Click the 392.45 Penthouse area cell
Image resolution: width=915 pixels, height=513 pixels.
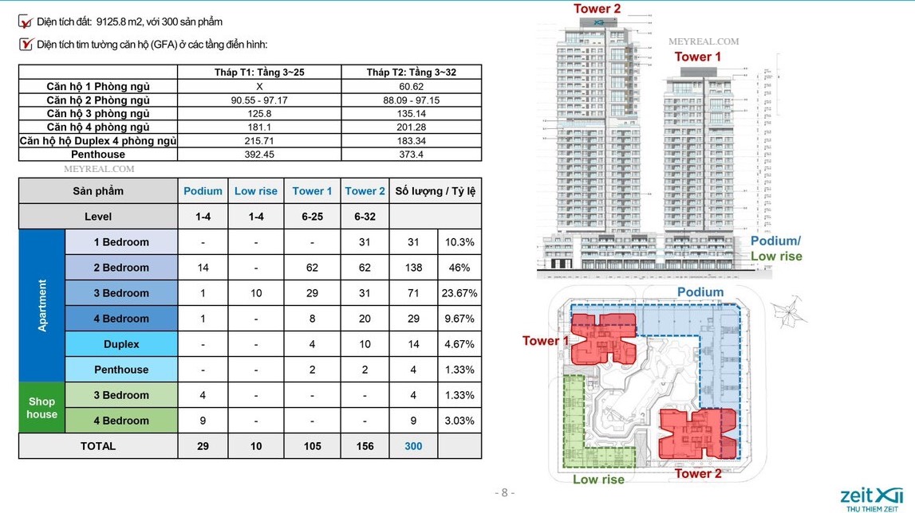click(x=259, y=155)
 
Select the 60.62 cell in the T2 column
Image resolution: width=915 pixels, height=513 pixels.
click(x=411, y=86)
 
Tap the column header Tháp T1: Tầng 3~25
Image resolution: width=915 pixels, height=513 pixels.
click(x=259, y=72)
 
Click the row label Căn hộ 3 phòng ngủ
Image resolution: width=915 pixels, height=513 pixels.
click(x=98, y=113)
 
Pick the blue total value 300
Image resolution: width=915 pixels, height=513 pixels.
click(x=413, y=446)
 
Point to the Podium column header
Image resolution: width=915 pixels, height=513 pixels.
click(x=203, y=191)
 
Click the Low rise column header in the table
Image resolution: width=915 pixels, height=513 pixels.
click(x=255, y=191)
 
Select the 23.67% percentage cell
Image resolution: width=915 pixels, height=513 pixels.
click(x=459, y=293)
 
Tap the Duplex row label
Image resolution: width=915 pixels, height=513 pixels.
click(x=121, y=344)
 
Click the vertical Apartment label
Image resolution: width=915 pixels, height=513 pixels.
click(x=42, y=305)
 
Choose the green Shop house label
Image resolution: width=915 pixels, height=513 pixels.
click(x=41, y=408)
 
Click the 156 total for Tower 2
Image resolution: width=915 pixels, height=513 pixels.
click(x=365, y=446)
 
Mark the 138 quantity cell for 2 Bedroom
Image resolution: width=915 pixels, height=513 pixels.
click(x=413, y=268)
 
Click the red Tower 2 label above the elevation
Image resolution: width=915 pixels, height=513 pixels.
click(x=597, y=9)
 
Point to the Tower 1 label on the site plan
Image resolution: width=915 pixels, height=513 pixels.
click(x=546, y=341)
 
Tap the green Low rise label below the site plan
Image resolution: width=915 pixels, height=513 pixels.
click(x=598, y=480)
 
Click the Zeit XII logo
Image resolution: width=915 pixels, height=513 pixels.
click(x=871, y=495)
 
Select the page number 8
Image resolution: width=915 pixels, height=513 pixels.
click(x=504, y=492)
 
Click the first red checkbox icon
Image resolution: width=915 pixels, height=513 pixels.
click(x=26, y=22)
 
